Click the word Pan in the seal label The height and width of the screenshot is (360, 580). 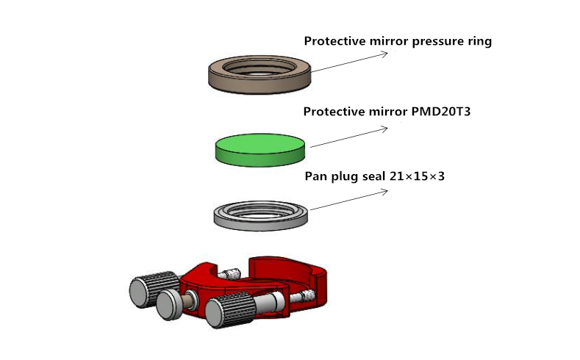point(315,177)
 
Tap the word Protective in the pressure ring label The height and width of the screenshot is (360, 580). point(334,42)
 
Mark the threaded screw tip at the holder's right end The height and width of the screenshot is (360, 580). point(308,296)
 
